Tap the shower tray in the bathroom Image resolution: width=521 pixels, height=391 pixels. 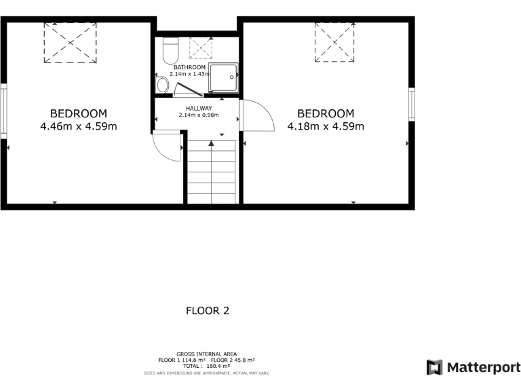tap(224, 78)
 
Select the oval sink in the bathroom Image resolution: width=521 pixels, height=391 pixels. tap(162, 85)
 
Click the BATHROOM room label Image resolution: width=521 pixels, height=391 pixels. tap(190, 68)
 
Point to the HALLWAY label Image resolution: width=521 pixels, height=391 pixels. tap(199, 108)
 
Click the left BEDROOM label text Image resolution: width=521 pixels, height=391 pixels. tap(79, 113)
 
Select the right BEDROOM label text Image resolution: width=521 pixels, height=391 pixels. tap(326, 113)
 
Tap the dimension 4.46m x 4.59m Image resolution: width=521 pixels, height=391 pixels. tap(79, 126)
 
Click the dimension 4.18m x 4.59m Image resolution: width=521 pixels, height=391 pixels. tap(326, 126)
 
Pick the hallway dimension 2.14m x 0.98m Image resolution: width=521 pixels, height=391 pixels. tap(199, 115)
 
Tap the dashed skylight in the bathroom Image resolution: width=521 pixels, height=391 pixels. tap(201, 48)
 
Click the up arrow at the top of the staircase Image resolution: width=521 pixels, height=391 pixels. tap(212, 143)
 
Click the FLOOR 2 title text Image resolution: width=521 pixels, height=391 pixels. tap(208, 311)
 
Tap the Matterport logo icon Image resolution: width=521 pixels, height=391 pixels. tap(434, 367)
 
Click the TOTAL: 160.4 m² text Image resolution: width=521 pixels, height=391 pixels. tap(206, 366)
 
